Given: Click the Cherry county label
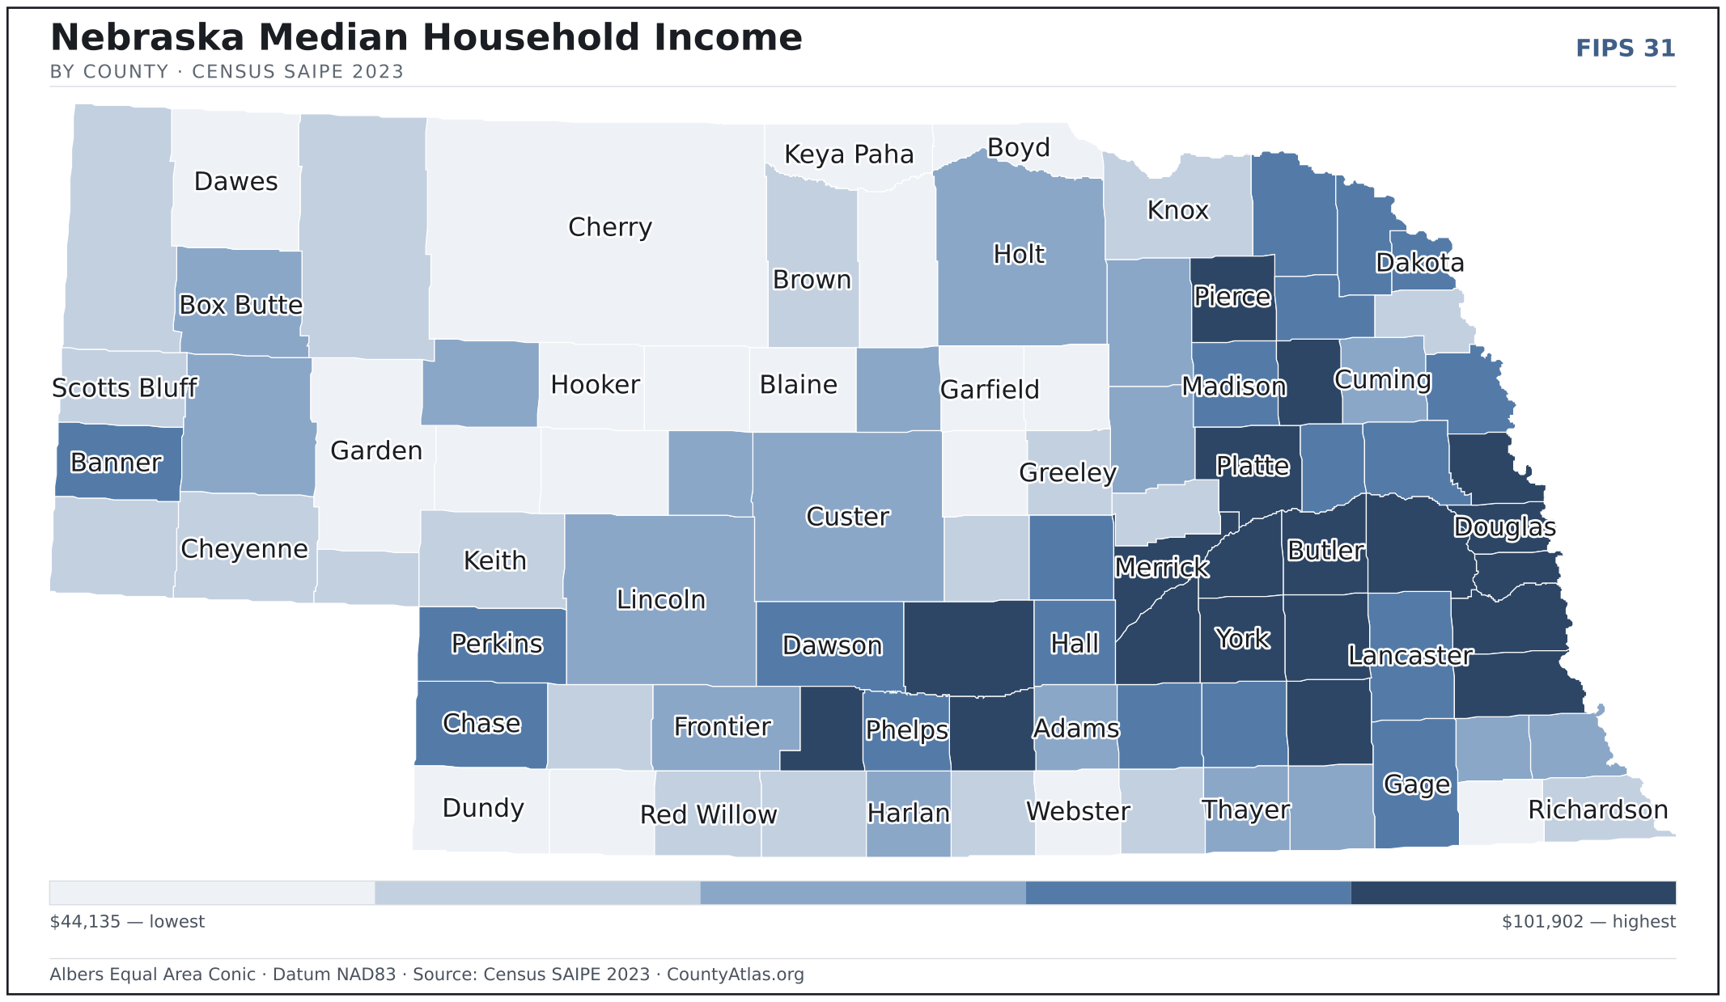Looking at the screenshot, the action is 610,228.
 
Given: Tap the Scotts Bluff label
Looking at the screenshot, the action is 125,388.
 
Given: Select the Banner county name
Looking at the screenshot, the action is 117,463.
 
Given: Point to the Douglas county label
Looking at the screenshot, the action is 1504,527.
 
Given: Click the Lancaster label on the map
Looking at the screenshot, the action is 1410,656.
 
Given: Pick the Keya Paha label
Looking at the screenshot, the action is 849,155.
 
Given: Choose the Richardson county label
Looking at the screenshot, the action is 1598,810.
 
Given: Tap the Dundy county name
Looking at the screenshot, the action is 483,809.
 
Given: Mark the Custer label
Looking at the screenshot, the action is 848,517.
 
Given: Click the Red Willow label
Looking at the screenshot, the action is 709,814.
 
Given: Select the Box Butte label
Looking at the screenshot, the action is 241,305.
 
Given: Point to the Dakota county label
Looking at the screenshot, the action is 1420,263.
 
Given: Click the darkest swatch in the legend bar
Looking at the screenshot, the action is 1513,893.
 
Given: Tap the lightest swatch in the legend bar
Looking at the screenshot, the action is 212,893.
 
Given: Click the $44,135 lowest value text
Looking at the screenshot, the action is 127,922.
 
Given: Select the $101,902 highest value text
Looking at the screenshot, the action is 1588,922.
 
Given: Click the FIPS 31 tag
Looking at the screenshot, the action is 1626,49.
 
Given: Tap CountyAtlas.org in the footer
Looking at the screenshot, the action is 736,975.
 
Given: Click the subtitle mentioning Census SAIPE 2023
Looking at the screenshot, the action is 227,72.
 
